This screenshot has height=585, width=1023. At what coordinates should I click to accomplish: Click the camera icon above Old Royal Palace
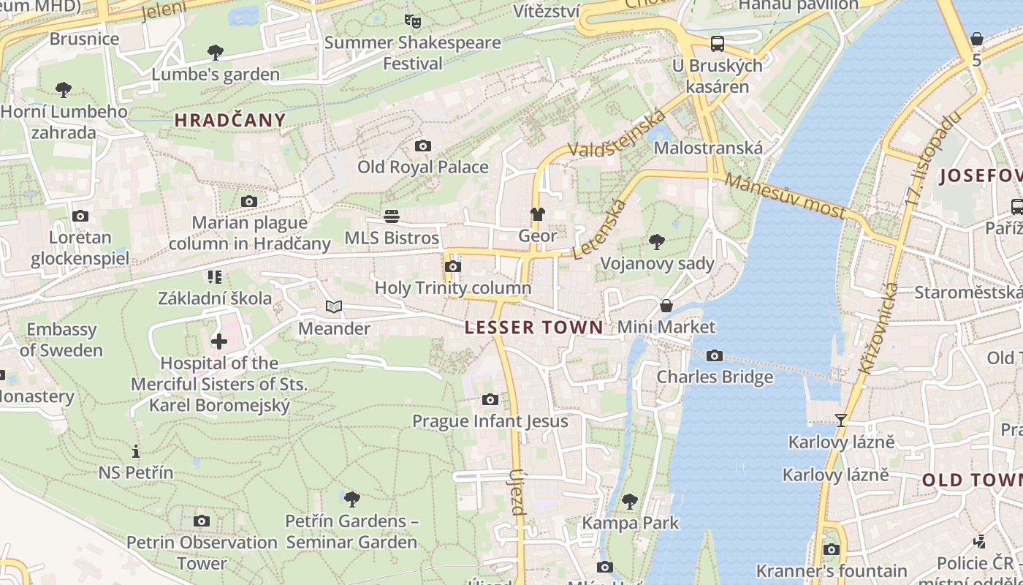coord(422,146)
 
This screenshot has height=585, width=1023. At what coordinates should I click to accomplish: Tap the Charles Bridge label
coord(714,377)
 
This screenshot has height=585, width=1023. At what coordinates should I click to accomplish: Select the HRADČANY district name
coord(230,121)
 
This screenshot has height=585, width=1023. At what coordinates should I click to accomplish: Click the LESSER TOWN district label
coord(534,327)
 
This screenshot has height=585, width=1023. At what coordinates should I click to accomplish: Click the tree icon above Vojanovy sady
coord(656,242)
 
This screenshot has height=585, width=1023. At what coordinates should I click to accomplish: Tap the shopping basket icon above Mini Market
coord(666,306)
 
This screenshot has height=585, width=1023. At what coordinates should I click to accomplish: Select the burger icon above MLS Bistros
coord(392,216)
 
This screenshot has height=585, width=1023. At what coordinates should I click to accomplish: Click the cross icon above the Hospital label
coord(218,341)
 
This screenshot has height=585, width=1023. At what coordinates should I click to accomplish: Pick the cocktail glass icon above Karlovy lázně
coord(841,420)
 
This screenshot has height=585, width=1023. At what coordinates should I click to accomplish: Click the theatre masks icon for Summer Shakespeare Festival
coord(412,21)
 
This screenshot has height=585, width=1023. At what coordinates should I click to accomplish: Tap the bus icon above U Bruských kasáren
coord(718,44)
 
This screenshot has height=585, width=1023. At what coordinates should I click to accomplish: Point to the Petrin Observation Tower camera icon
coord(202,521)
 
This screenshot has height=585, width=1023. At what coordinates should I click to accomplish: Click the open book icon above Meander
coord(333,307)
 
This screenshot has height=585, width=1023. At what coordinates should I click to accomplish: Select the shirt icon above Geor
coord(538,214)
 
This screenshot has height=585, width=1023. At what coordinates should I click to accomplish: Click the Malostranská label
coord(708,148)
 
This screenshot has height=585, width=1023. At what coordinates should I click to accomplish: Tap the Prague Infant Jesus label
coord(490,420)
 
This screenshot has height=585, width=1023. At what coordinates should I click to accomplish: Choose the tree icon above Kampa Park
coord(629,502)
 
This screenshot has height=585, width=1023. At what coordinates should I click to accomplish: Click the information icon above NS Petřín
coord(135,451)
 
